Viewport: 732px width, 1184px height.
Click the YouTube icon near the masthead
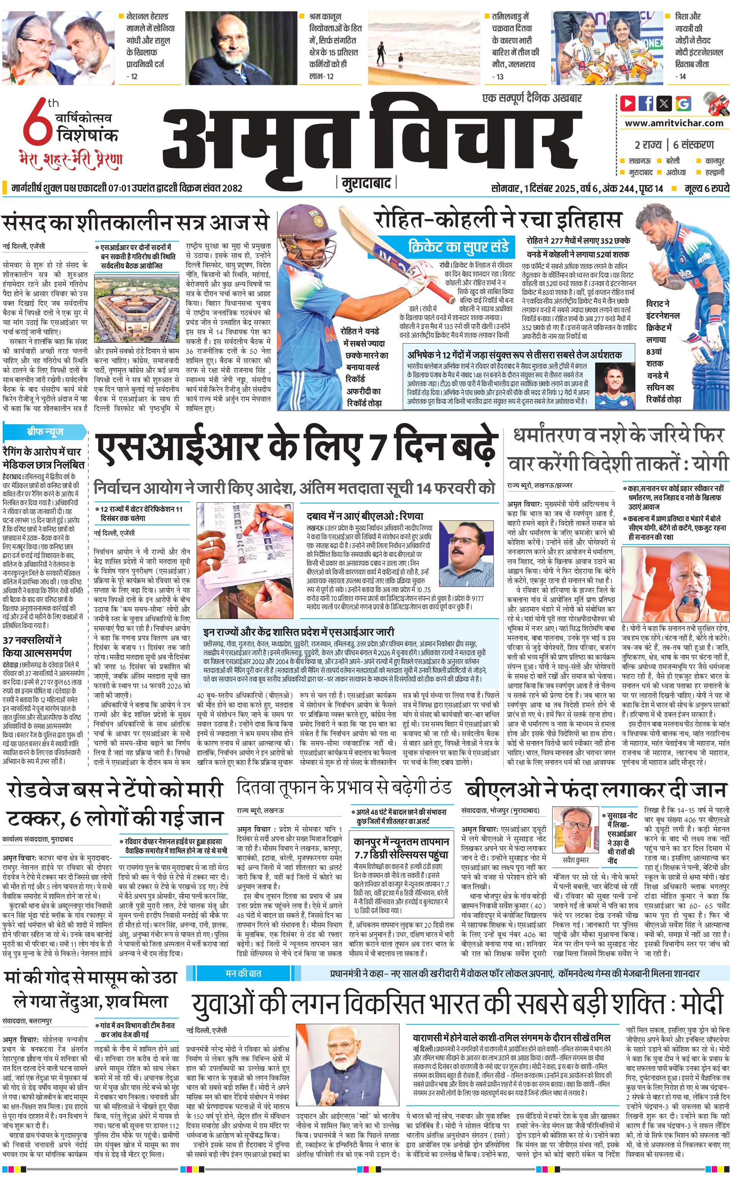628,103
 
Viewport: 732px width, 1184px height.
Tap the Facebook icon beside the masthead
646,103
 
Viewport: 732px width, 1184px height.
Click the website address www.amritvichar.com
674,123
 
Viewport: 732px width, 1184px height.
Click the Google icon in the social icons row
683,103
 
